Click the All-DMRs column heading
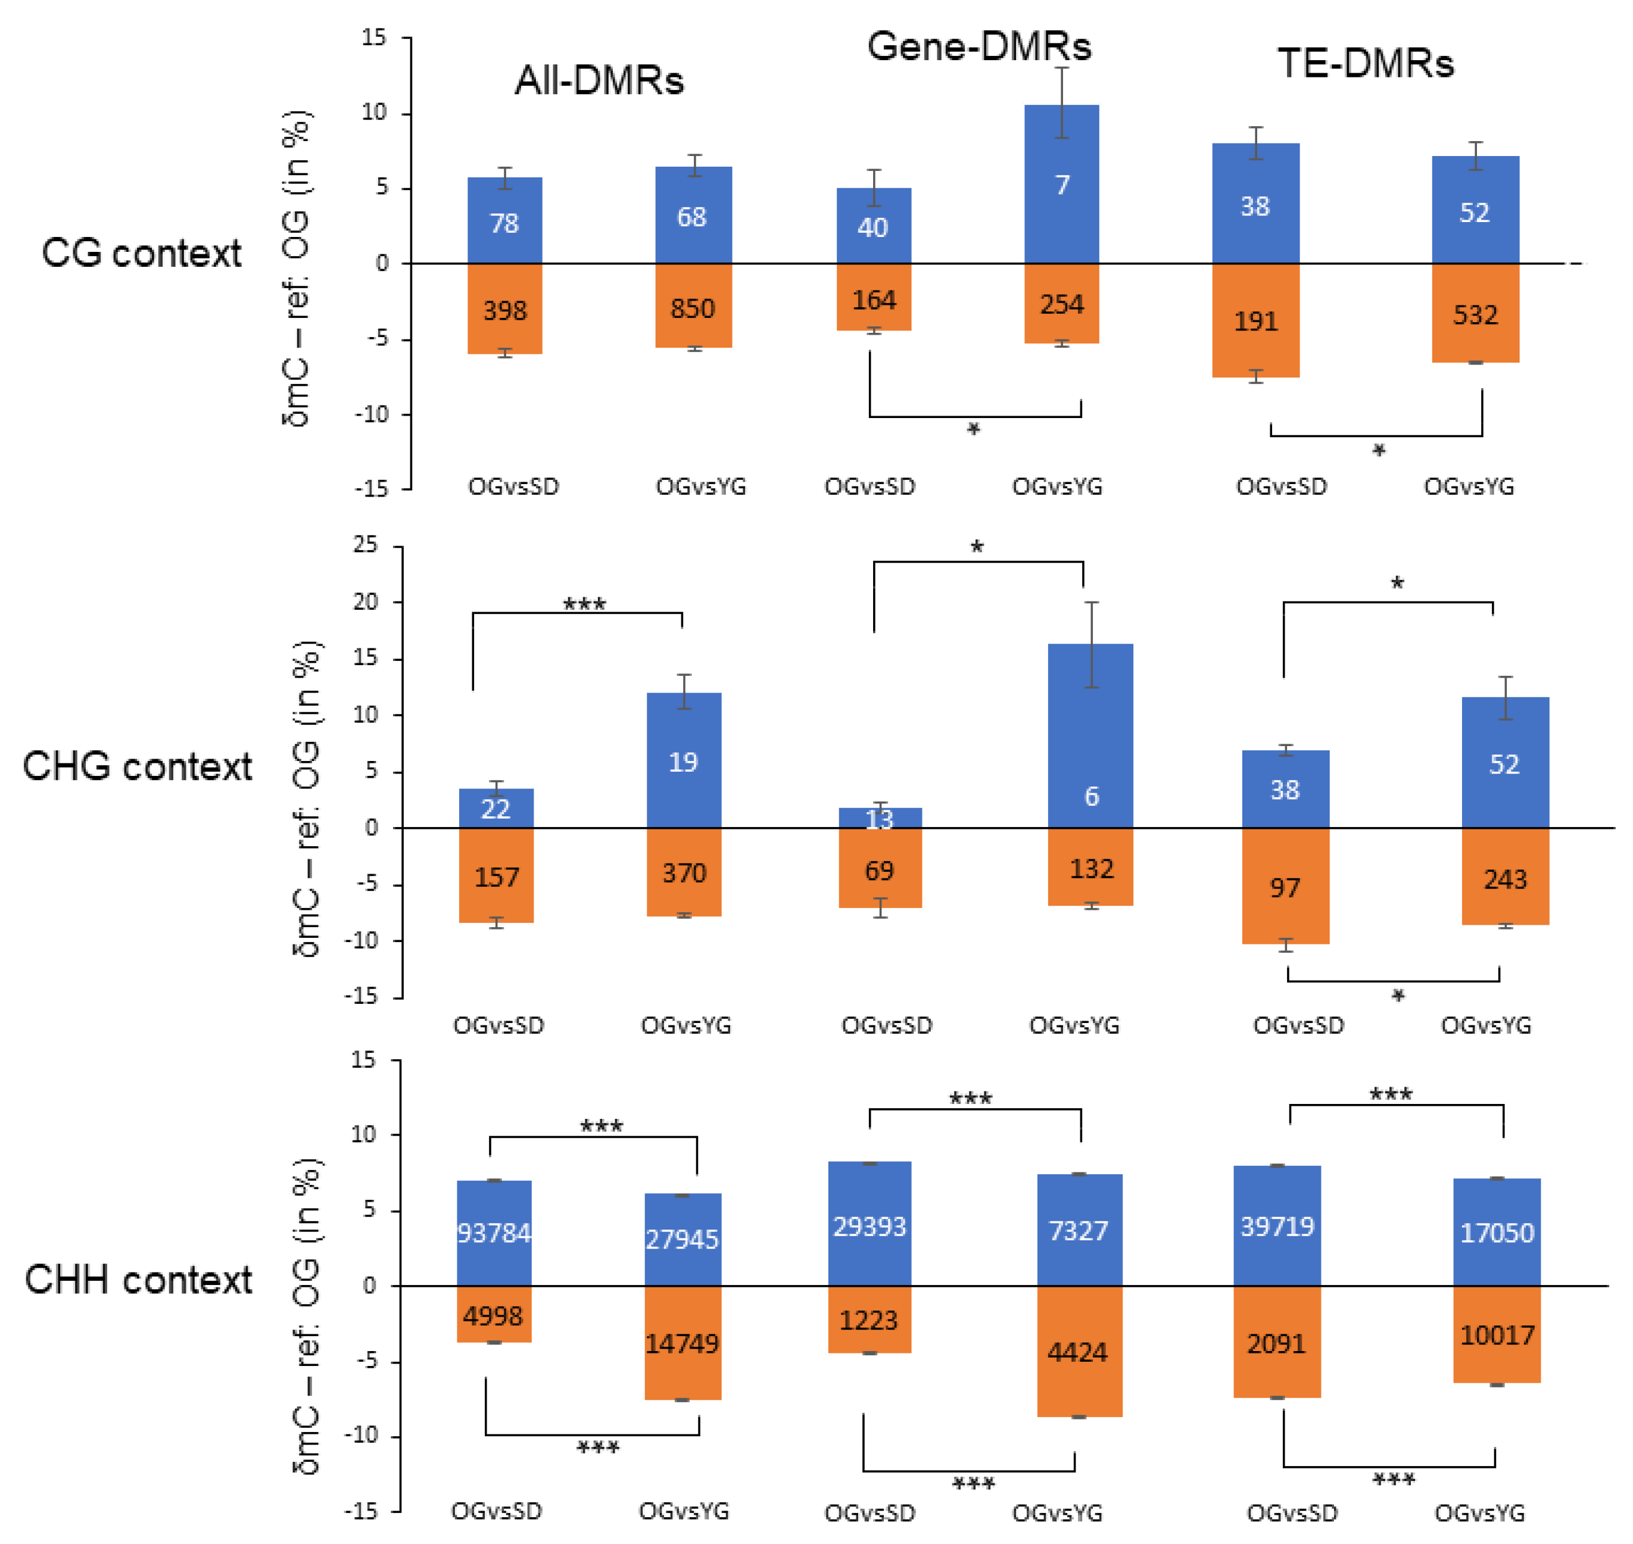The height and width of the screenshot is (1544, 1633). click(599, 80)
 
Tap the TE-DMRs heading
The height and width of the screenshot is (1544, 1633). click(1366, 63)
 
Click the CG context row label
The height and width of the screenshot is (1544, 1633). click(142, 252)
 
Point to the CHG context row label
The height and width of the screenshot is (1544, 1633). click(138, 766)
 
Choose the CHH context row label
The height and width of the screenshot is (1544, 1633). click(138, 1280)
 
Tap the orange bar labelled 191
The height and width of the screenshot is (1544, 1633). click(1255, 320)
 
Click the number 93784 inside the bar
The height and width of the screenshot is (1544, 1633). click(494, 1232)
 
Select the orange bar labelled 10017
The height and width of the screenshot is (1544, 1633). click(1497, 1334)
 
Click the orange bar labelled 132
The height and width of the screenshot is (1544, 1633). click(1090, 868)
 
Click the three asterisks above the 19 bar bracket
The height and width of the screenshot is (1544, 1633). click(584, 605)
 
